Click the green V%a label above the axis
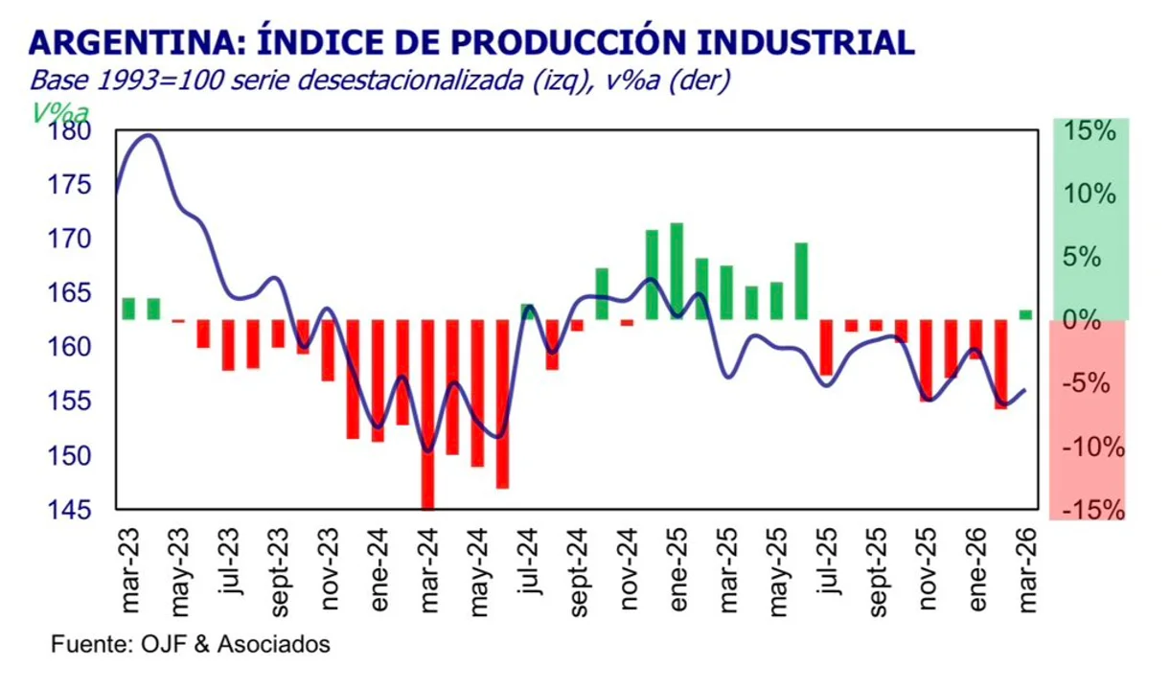tap(59, 112)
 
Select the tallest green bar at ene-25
tap(677, 271)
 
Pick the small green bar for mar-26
tap(1025, 314)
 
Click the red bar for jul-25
tap(826, 347)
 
